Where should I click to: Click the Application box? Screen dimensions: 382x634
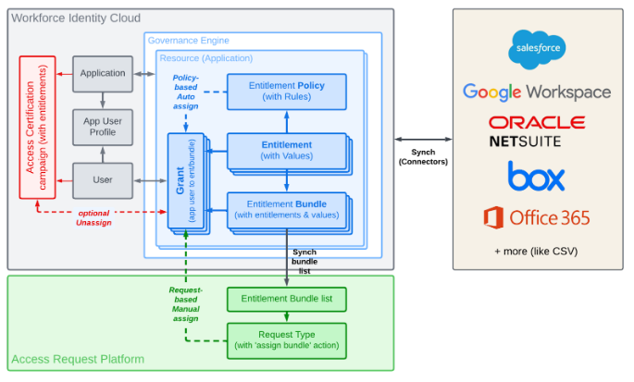tap(103, 73)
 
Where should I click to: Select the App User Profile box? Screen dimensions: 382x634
tap(103, 126)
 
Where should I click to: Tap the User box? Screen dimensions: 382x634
tap(103, 179)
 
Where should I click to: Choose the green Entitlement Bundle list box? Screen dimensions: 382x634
tap(286, 300)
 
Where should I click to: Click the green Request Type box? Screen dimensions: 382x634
tap(286, 339)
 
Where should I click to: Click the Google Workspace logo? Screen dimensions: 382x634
tap(537, 92)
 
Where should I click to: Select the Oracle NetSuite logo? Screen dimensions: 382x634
tap(537, 132)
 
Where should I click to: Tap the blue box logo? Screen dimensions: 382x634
tap(536, 176)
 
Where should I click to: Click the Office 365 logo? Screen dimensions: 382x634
tap(537, 218)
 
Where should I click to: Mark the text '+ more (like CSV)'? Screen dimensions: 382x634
tap(537, 252)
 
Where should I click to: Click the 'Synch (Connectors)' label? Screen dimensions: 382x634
tap(422, 156)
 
